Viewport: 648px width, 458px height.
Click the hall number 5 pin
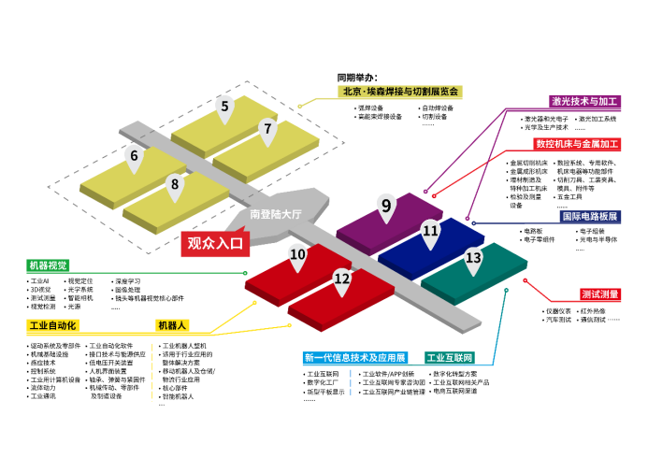click(224, 107)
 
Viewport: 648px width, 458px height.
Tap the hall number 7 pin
click(267, 130)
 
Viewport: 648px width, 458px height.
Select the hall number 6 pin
click(135, 156)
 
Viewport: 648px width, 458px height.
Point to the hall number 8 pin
click(175, 185)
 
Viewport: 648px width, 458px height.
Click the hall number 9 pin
click(385, 206)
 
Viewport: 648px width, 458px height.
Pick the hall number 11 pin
click(430, 230)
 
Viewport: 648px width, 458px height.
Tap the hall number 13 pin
click(474, 258)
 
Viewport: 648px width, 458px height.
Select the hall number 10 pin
click(297, 253)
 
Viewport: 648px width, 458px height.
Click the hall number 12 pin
click(342, 278)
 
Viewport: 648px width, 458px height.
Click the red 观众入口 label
click(214, 243)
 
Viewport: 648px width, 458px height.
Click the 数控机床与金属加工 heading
click(578, 144)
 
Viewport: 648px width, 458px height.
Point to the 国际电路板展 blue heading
click(589, 216)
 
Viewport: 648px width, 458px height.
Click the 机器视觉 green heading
click(48, 265)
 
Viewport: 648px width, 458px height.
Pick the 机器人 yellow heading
click(173, 326)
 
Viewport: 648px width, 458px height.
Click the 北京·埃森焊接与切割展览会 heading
click(401, 92)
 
